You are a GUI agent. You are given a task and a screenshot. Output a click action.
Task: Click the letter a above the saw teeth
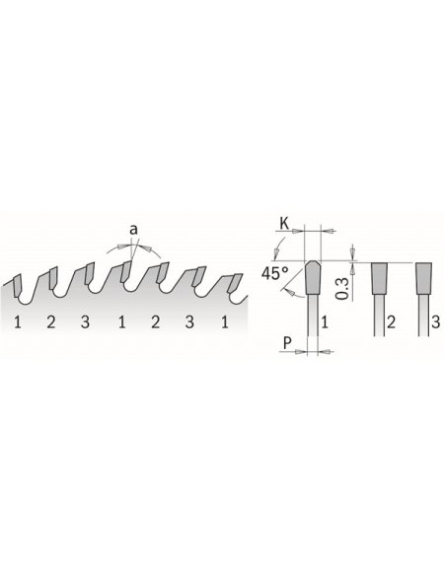[x=134, y=230]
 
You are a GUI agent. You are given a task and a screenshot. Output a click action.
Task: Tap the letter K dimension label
[x=284, y=224]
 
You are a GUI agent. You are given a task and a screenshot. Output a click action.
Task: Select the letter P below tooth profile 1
[x=287, y=343]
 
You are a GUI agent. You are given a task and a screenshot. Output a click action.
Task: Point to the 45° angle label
[x=275, y=273]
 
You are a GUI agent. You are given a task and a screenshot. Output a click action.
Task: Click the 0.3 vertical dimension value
[x=342, y=288]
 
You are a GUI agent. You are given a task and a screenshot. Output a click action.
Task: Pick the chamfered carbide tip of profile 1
[x=313, y=277]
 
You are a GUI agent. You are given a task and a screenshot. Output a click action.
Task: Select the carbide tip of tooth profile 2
[x=380, y=278]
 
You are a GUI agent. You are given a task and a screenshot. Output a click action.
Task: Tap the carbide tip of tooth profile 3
[x=424, y=278]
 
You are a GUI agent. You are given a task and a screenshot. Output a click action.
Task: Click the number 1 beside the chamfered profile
[x=325, y=321]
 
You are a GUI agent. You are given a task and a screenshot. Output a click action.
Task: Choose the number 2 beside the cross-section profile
[x=391, y=321]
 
